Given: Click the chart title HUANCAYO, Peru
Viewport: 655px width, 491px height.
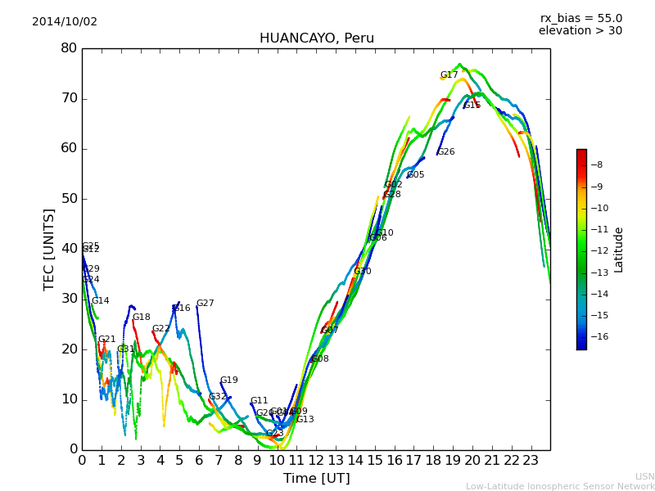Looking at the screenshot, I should pos(316,38).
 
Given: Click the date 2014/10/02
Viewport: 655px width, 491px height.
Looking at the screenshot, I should pos(65,22).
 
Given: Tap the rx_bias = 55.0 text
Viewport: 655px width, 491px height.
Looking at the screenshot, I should pos(580,19).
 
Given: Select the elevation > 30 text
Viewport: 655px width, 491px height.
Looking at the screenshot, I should pos(580,31).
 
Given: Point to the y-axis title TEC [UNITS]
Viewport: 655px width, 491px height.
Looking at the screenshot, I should pos(49,249).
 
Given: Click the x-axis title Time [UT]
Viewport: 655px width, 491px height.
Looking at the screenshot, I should pos(316,478).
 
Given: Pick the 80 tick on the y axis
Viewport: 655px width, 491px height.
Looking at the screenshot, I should pos(69,48).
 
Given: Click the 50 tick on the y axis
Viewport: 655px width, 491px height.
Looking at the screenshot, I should pos(69,199).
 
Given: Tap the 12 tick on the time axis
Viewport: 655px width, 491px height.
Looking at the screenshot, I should pos(316,461).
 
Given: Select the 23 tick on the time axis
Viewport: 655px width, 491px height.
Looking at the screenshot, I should pos(531,461).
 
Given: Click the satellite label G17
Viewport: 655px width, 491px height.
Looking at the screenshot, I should pos(449,75).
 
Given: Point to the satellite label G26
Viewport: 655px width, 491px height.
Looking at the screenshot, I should pos(445,152).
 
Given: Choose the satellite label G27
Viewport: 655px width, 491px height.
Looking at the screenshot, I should pos(205,304).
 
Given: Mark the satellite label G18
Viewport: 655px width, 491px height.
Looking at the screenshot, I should pos(141,318).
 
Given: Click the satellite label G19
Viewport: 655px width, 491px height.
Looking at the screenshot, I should pos(228,381).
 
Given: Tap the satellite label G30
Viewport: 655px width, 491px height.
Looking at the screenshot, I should pos(362,272).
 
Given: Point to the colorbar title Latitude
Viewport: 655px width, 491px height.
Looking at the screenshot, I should pos(619,250).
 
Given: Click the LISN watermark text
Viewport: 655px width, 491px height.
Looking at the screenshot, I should pos(644,476).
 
